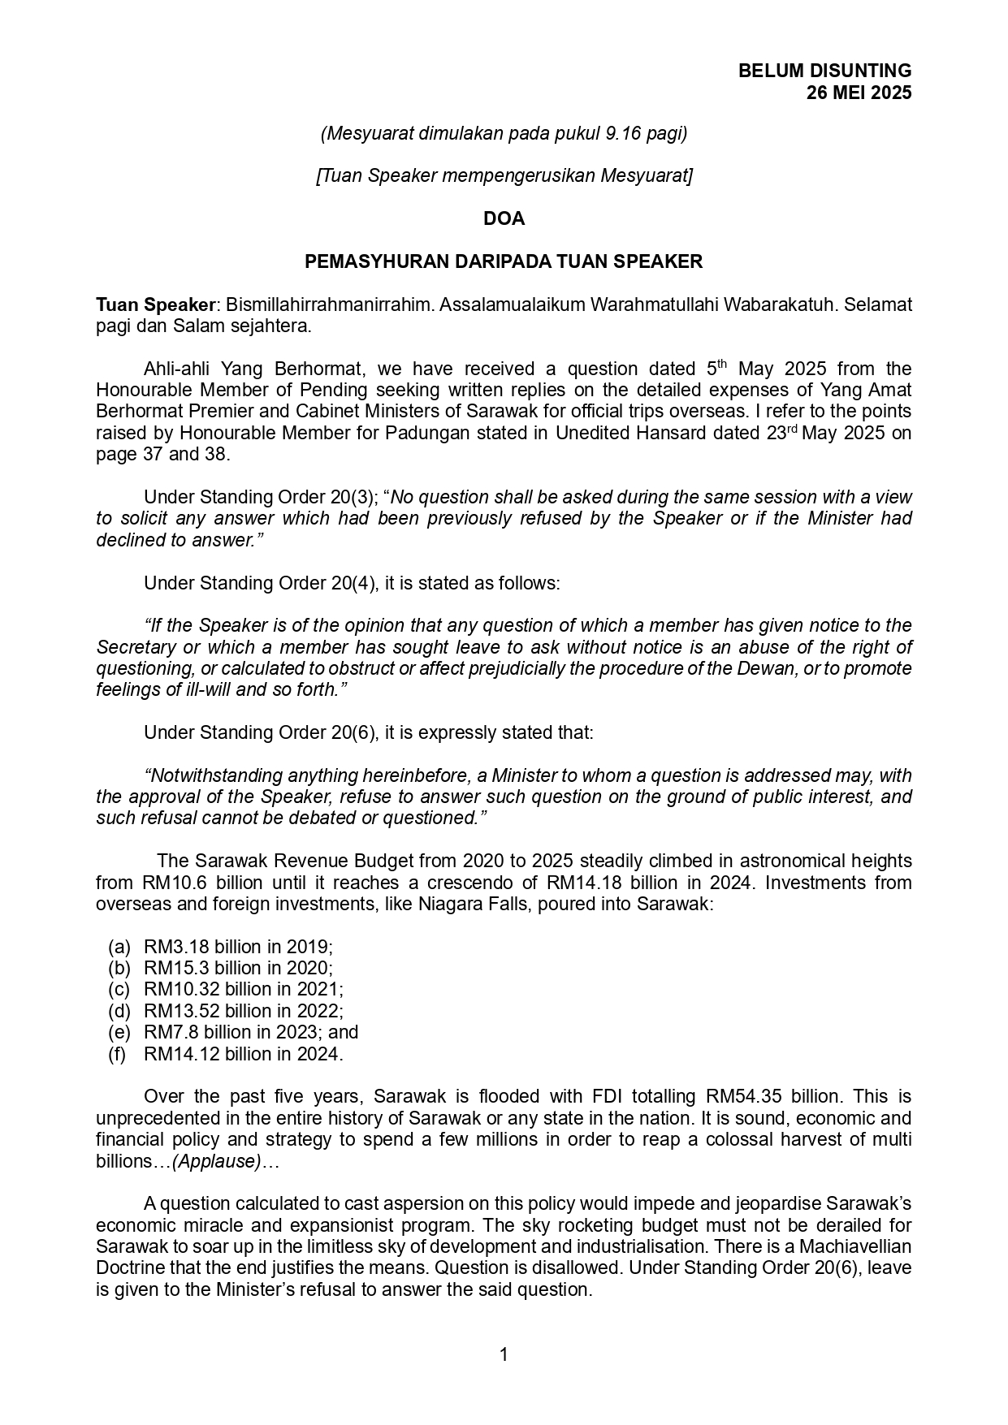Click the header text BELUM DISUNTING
(x=824, y=71)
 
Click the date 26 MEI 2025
(x=859, y=93)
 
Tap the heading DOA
(x=504, y=218)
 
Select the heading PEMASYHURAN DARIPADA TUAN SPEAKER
(x=504, y=261)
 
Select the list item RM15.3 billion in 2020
(x=238, y=968)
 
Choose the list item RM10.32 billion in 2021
(x=243, y=989)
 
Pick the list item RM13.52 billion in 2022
(x=243, y=1011)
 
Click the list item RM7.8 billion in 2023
(x=250, y=1032)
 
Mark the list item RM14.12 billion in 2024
(x=243, y=1054)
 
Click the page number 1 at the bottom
(x=504, y=1354)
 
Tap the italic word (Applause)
(x=217, y=1161)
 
